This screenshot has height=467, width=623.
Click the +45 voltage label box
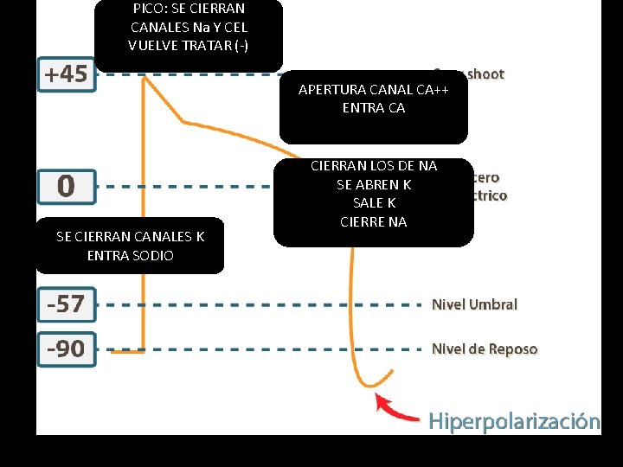[x=67, y=74]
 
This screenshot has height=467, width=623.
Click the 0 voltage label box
[x=66, y=186]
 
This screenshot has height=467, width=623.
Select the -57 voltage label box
[x=66, y=304]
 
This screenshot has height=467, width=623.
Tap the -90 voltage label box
[x=66, y=349]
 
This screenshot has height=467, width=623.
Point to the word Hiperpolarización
[x=514, y=421]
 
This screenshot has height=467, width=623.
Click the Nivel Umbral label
[x=474, y=304]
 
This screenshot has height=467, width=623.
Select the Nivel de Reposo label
[x=485, y=349]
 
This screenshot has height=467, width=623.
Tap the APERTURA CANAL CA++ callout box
[x=373, y=106]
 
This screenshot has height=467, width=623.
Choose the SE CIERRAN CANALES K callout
[x=130, y=246]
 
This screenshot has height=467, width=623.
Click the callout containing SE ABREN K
[x=373, y=202]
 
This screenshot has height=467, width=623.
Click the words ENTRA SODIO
[x=130, y=255]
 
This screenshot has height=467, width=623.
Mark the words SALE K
[x=374, y=203]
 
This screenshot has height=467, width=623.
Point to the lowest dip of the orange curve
[x=369, y=385]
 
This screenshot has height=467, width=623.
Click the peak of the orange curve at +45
[x=144, y=77]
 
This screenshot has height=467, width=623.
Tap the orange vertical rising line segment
[x=143, y=216]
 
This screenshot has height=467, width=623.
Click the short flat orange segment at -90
[x=128, y=352]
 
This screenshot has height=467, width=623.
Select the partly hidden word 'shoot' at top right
[x=485, y=74]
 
